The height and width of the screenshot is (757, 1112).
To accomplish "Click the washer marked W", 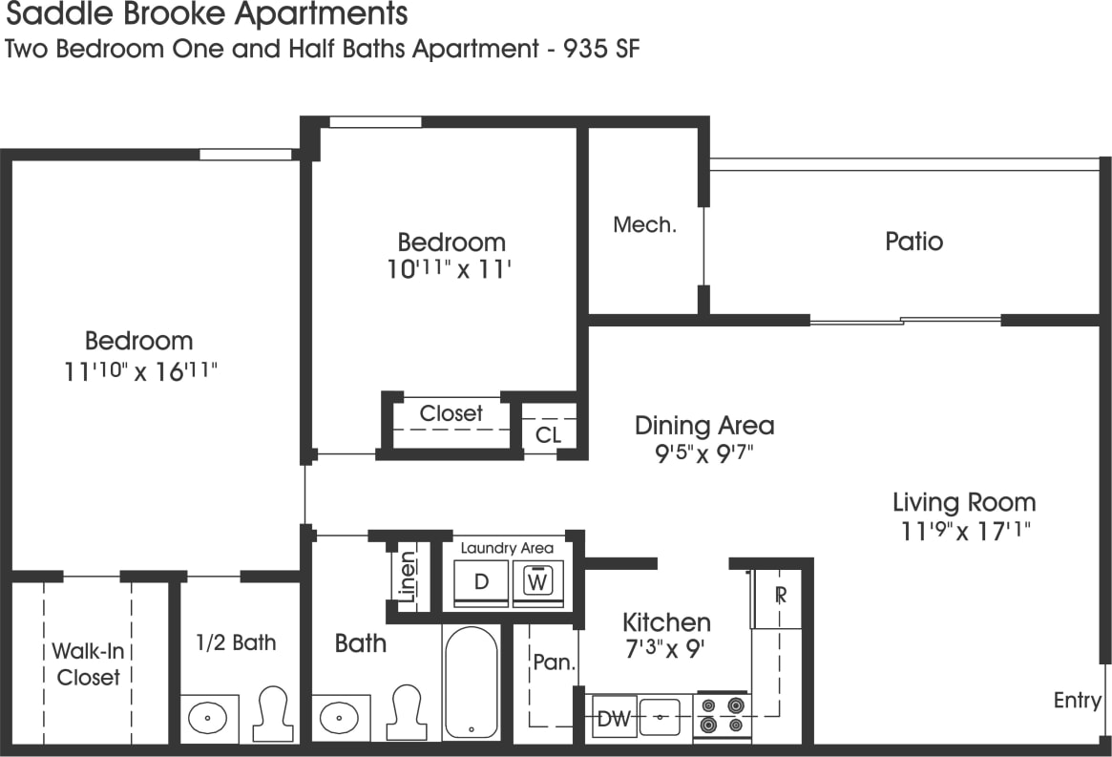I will pyautogui.click(x=538, y=581).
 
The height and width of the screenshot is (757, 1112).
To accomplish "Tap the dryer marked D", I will pyautogui.click(x=482, y=581).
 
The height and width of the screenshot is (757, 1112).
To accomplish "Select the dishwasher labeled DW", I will pyautogui.click(x=613, y=719).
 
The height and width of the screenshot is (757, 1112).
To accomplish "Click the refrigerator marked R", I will pyautogui.click(x=780, y=596).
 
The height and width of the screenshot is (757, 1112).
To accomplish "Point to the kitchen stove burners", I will pyautogui.click(x=722, y=716).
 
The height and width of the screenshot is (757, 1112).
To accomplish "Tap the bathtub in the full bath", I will pyautogui.click(x=470, y=682).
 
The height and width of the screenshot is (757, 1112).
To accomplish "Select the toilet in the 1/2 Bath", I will pyautogui.click(x=275, y=712).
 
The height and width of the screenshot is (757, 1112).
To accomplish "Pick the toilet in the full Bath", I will pyautogui.click(x=409, y=712).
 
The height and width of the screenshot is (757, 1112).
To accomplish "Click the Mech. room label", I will pyautogui.click(x=644, y=225).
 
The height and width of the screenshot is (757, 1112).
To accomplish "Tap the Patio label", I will pyautogui.click(x=913, y=241).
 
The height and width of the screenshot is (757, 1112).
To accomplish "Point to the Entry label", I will pyautogui.click(x=1077, y=701).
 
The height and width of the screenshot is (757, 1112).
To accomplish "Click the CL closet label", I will pyautogui.click(x=548, y=435).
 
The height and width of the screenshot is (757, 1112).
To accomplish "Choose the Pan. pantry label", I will pyautogui.click(x=552, y=662).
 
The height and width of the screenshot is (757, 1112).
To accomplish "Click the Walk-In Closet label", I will pyautogui.click(x=88, y=664).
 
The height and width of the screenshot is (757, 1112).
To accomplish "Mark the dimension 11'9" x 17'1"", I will pyautogui.click(x=963, y=531).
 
